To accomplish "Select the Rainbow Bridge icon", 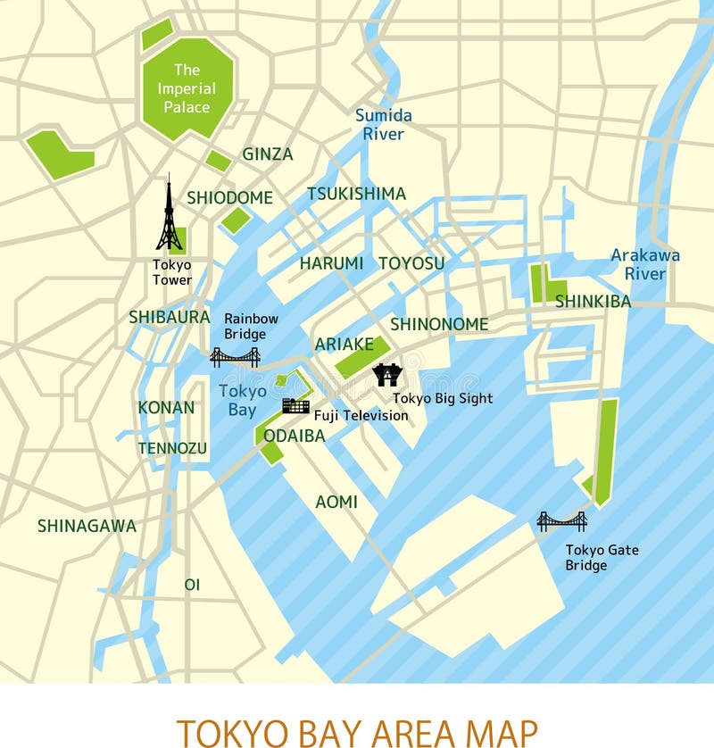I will (235, 358).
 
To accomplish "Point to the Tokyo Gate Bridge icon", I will (561, 520).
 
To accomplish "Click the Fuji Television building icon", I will (295, 406).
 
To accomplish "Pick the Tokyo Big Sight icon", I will (386, 374).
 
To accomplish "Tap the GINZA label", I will (268, 154).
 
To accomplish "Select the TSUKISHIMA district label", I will (356, 194).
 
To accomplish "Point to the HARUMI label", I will (331, 263).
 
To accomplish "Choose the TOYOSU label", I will (411, 263).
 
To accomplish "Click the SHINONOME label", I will (439, 324).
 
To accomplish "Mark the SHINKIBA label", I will (593, 302).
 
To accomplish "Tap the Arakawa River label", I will (645, 264).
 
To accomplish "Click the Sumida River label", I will (384, 125).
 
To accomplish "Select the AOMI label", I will (336, 503).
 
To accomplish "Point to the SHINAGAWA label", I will (87, 526).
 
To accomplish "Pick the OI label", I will (192, 585).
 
